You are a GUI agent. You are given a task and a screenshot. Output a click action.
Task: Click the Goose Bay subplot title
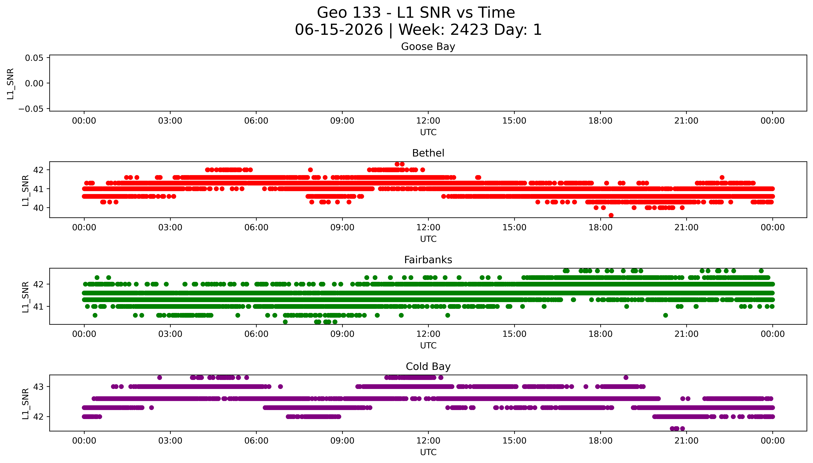tap(428, 47)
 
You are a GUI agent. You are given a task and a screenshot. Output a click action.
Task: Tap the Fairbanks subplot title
tap(428, 260)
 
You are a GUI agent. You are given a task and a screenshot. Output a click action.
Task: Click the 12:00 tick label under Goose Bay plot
tap(428, 121)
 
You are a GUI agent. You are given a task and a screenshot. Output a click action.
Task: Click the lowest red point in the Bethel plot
tap(611, 215)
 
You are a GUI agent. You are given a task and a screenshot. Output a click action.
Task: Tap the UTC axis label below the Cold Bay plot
tap(428, 452)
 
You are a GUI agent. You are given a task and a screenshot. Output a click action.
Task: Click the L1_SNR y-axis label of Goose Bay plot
tap(11, 84)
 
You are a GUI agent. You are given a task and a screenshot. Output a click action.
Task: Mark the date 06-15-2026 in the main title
tap(339, 30)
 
